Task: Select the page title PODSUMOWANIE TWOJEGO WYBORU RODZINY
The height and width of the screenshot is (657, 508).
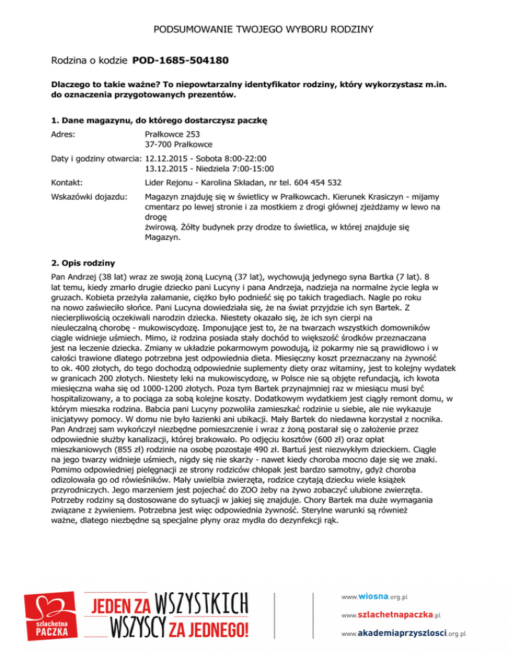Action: (x=254, y=30)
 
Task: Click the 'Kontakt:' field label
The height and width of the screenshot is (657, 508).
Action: (x=67, y=182)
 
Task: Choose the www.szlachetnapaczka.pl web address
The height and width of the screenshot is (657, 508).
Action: (x=390, y=614)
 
